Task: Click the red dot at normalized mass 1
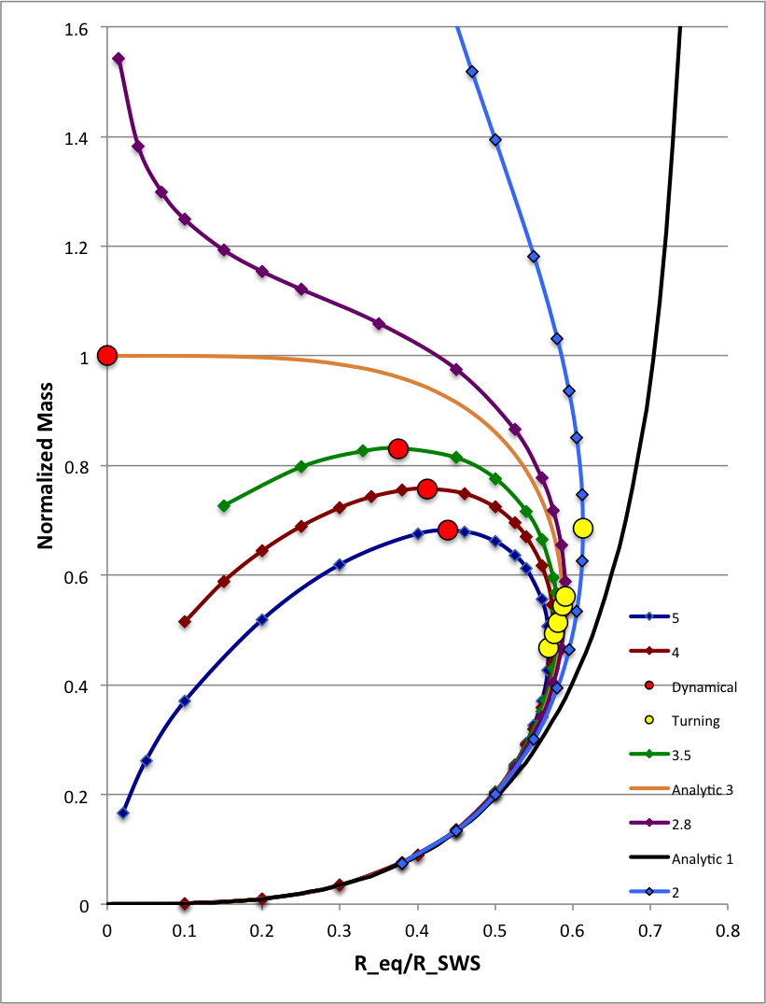(x=107, y=355)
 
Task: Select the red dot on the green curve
(x=398, y=448)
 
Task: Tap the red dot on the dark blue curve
(x=448, y=530)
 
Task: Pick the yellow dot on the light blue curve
(x=583, y=529)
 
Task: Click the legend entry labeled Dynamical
(x=703, y=686)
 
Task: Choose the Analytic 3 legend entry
(x=703, y=789)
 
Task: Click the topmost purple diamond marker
(x=118, y=59)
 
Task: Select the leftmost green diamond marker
(x=224, y=505)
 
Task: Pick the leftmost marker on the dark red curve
(x=185, y=621)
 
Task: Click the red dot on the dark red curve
(x=427, y=488)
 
